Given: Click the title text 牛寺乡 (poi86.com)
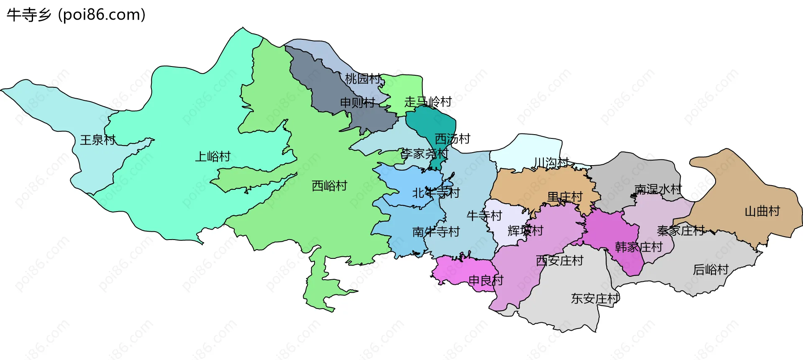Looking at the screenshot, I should (x=76, y=15).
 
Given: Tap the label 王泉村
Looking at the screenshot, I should (x=97, y=140).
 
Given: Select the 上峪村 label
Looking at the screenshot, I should (x=213, y=156).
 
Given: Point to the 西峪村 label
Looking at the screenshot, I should (x=330, y=186).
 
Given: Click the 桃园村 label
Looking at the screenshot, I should (x=363, y=79).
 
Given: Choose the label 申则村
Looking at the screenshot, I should (x=358, y=102).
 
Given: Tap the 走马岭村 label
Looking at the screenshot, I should (x=428, y=102).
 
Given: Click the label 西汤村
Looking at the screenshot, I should (x=453, y=138).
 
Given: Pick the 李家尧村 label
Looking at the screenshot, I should (x=425, y=154).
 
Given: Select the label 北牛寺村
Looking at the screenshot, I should (x=436, y=193).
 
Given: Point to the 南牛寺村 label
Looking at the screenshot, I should (x=436, y=232).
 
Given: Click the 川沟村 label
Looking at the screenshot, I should (x=551, y=162).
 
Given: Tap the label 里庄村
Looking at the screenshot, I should (x=565, y=197).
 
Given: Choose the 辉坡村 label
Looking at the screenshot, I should (x=525, y=230).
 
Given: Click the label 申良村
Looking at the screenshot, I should (x=486, y=280).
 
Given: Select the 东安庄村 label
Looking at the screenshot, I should (x=595, y=299).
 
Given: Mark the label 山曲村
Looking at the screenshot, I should (x=762, y=211).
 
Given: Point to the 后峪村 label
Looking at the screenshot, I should (x=711, y=270).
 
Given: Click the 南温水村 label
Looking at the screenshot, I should (x=658, y=189).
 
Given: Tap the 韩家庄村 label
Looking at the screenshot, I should (x=639, y=247).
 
